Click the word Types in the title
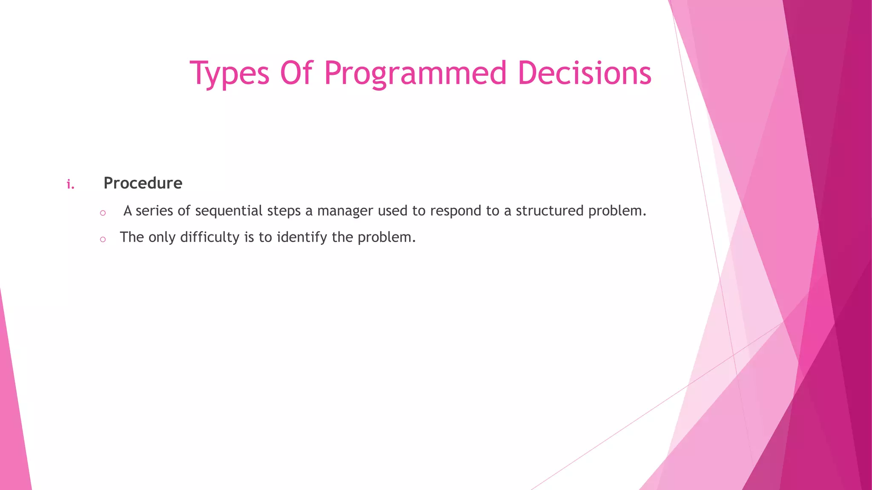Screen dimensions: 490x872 pyautogui.click(x=229, y=73)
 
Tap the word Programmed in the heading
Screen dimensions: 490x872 pyautogui.click(x=415, y=73)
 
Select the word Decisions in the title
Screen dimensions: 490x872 pyautogui.click(x=585, y=73)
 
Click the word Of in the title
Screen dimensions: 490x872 pyautogui.click(x=297, y=73)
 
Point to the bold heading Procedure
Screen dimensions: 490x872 pyautogui.click(x=143, y=183)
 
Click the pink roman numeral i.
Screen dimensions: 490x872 pyautogui.click(x=71, y=185)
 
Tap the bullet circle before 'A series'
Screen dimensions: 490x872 pyautogui.click(x=103, y=213)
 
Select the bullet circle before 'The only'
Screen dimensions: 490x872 pyautogui.click(x=103, y=239)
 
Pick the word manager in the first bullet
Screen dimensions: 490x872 pyautogui.click(x=345, y=211)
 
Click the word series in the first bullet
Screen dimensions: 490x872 pyautogui.click(x=154, y=211)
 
